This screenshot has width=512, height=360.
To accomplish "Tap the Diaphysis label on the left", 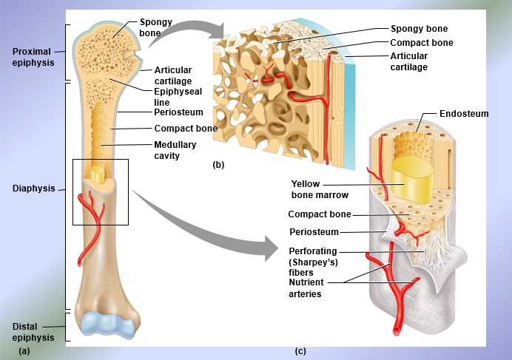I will [34, 189].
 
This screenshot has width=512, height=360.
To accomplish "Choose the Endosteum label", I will [464, 114].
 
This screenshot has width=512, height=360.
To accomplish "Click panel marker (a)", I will [24, 350].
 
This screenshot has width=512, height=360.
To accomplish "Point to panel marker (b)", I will [218, 165].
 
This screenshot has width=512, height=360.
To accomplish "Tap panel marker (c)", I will [300, 350].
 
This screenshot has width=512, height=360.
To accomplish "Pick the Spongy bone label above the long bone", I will [155, 27].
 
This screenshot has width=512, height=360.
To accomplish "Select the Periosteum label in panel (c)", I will [313, 232].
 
